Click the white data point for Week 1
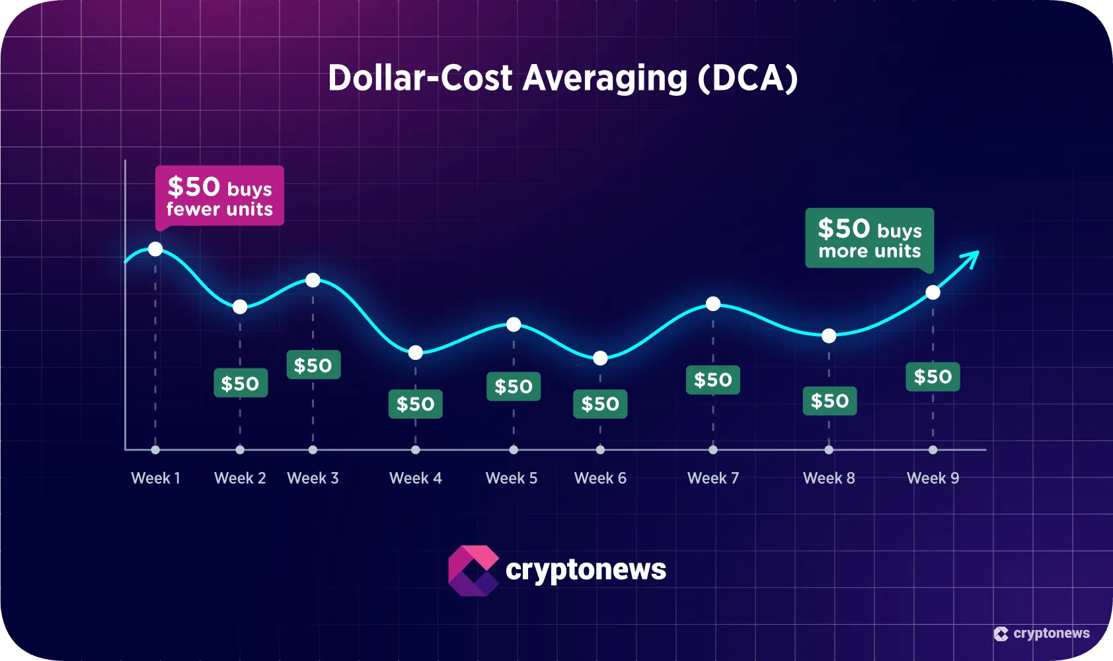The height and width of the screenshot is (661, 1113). pos(155,249)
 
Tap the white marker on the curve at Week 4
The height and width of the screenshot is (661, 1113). pos(415,353)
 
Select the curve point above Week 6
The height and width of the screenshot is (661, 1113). pos(600,358)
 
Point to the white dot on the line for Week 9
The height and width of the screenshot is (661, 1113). pos(933,293)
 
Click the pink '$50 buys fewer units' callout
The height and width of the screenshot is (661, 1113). pos(219,196)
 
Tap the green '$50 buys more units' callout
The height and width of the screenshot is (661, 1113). pos(869,238)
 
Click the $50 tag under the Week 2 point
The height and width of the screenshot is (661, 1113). pos(241,383)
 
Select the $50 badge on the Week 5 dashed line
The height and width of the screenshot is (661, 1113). pos(514,386)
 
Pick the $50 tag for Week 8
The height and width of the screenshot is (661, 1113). pos(829,401)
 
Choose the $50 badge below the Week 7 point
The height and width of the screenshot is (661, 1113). pos(713,380)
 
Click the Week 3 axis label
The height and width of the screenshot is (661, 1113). pos(313,478)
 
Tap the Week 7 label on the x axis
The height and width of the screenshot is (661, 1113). pos(713,478)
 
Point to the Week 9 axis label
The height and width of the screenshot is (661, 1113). pos(933,478)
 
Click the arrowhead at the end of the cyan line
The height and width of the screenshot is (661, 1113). pos(974,256)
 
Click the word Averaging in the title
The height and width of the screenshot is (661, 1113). pos(605,78)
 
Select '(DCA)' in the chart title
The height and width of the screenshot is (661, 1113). pos(748,78)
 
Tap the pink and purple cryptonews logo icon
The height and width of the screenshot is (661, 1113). pos(473,571)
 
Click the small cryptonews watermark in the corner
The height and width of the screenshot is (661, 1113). pos(1042,633)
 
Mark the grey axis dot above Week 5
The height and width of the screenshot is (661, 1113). pos(514,450)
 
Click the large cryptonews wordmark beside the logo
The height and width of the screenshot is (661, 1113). pos(586,570)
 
